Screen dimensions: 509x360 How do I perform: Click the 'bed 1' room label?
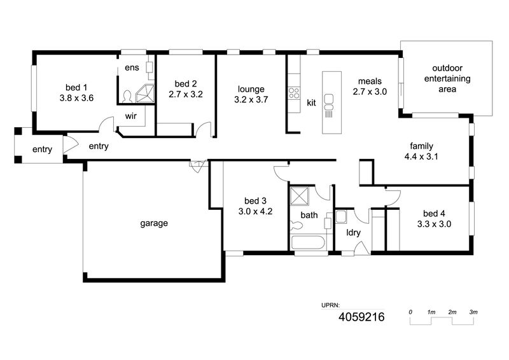(76, 87)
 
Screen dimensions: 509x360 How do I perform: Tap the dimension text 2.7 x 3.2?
(186, 95)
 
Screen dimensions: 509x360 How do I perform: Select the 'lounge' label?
(251, 89)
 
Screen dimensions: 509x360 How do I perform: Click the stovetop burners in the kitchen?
(294, 93)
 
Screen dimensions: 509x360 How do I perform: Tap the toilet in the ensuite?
(127, 97)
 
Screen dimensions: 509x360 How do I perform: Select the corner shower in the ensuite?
(145, 93)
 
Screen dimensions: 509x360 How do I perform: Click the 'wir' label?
(131, 116)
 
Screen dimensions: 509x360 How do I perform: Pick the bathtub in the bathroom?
(308, 242)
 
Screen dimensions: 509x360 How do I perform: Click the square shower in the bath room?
(299, 196)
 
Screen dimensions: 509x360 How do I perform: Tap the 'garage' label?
(154, 223)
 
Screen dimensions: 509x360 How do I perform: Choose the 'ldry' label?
(353, 232)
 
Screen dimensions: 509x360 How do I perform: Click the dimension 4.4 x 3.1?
(421, 157)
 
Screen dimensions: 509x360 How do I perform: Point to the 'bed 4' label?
(434, 213)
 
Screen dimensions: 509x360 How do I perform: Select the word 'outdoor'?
(447, 68)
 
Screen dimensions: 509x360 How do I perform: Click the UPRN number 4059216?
(361, 317)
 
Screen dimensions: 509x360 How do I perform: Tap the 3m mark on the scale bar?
(473, 312)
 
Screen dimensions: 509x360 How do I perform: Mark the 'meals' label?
(370, 81)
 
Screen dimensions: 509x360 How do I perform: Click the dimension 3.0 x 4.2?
(256, 212)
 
